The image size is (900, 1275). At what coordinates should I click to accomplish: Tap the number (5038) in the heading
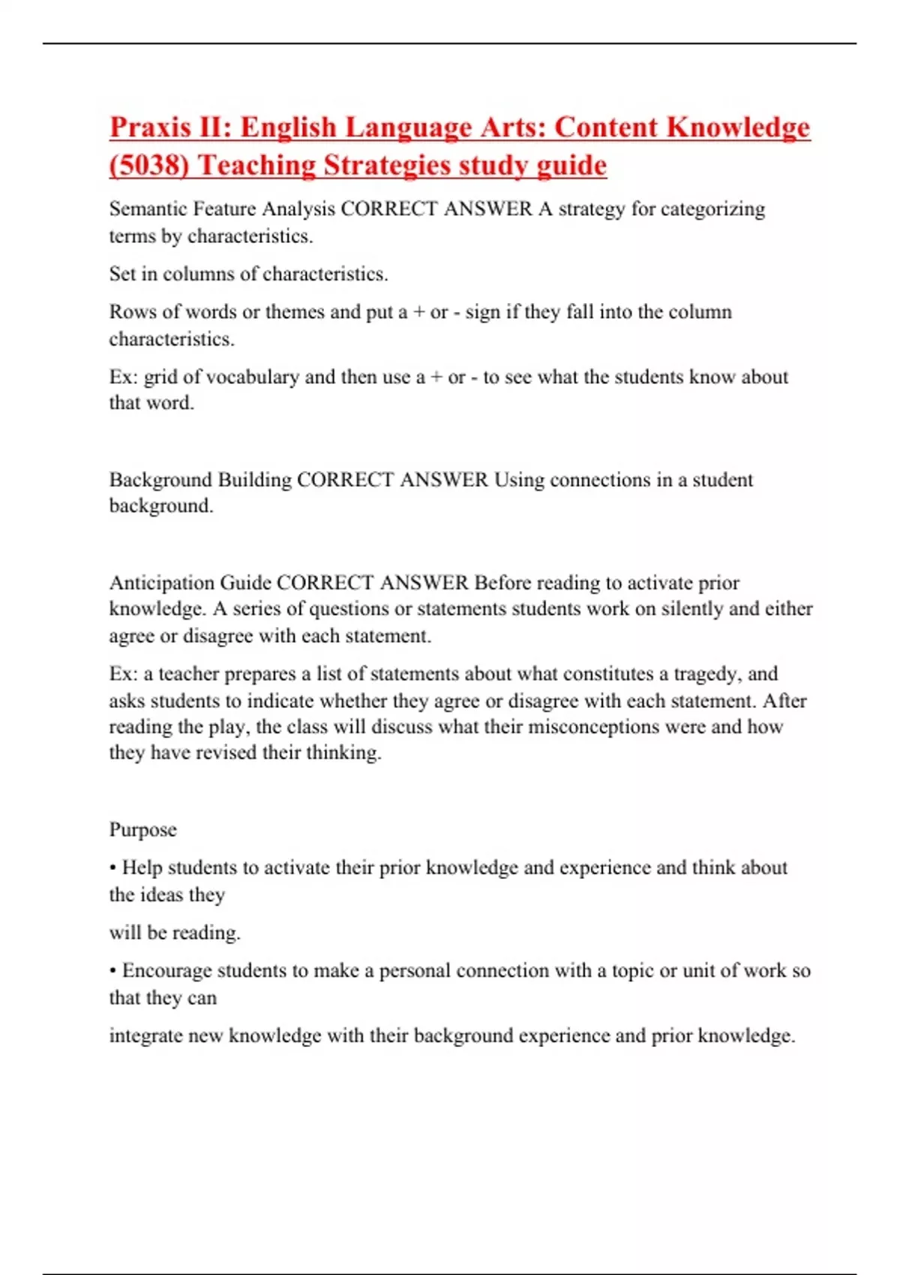click(x=148, y=165)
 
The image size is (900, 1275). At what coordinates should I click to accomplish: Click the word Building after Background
click(x=254, y=479)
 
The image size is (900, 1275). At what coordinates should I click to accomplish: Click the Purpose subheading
click(x=143, y=829)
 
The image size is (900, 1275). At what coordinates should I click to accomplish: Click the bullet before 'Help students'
click(x=112, y=868)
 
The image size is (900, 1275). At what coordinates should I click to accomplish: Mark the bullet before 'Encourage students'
click(x=112, y=971)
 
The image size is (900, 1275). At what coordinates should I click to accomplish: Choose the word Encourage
click(x=166, y=970)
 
